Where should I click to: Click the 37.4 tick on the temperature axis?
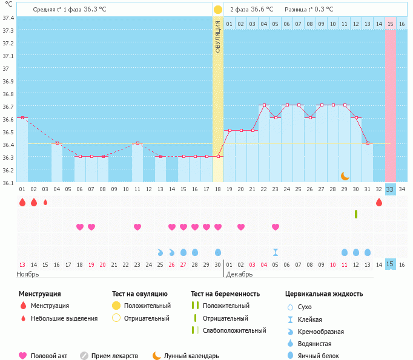(8, 18)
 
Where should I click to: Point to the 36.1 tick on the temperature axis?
(8, 182)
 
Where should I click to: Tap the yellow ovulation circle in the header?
(217, 10)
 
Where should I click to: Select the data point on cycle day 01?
(22, 117)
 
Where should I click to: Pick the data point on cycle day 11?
(137, 143)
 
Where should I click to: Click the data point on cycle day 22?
(264, 105)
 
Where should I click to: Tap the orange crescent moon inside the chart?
(345, 176)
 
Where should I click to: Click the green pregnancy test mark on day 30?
(356, 214)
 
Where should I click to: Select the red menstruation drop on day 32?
(379, 202)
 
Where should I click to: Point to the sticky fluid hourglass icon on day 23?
(276, 252)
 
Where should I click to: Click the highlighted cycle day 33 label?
(390, 189)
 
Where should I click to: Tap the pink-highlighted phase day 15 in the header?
(390, 24)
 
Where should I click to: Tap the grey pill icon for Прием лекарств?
(84, 356)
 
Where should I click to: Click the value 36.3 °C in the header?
(94, 10)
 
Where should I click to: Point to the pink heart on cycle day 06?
(80, 227)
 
